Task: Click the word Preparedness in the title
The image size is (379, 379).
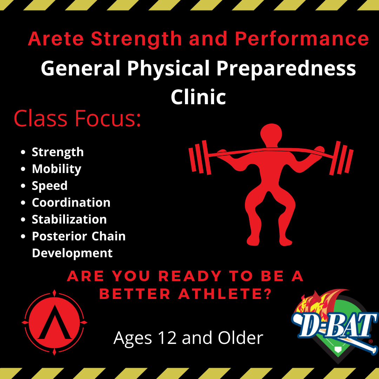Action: (286, 69)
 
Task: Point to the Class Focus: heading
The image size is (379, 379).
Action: (77, 119)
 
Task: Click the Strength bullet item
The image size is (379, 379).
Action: (58, 152)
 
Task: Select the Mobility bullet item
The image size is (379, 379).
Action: (56, 169)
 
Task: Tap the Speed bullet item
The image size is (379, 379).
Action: (49, 186)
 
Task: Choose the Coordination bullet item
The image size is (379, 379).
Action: (71, 202)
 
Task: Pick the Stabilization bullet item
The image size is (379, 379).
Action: (69, 219)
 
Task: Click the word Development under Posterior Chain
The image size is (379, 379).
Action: (72, 253)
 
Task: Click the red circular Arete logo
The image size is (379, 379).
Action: (54, 323)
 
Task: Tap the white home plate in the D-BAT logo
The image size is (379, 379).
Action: (338, 350)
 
